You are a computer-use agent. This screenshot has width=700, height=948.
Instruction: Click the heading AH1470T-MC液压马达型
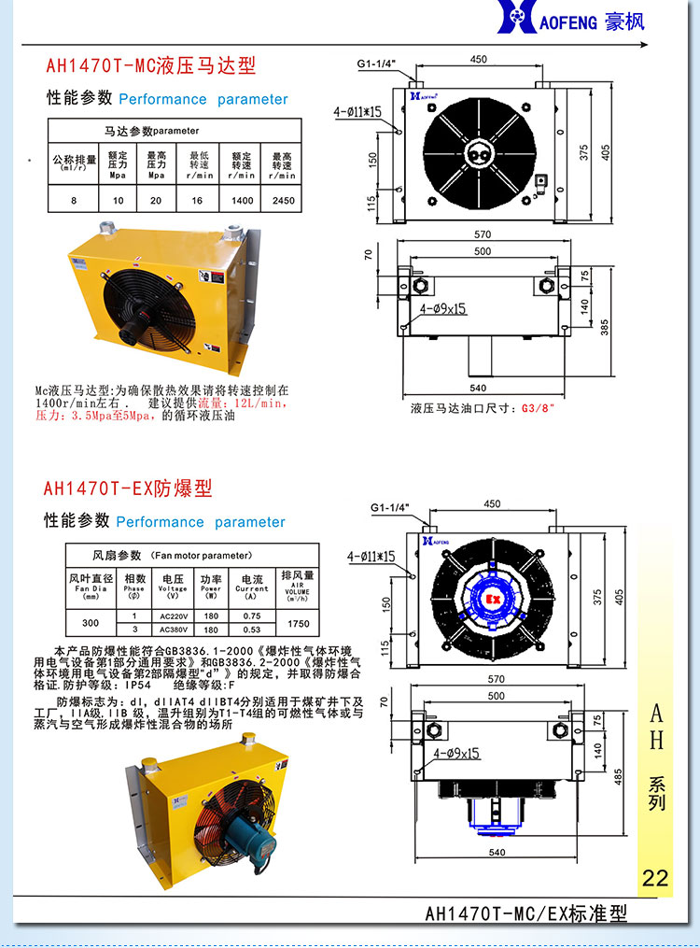point(150,66)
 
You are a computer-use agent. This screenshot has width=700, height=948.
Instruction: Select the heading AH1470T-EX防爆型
point(128,488)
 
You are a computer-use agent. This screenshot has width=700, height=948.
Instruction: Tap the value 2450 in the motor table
point(283,200)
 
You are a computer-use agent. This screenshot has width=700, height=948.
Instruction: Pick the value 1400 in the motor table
point(242,200)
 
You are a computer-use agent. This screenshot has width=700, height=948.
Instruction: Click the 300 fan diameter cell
point(91,623)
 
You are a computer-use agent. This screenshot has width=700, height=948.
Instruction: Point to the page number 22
point(655,878)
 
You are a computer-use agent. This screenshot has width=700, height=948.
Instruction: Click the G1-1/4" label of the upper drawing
point(376,64)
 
